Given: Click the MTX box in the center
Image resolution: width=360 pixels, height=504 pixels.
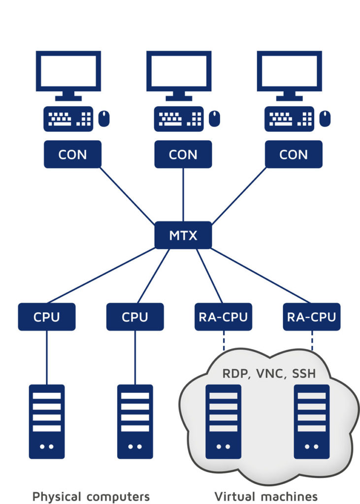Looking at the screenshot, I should (183, 235).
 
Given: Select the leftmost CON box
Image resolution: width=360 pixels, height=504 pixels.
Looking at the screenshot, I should (72, 155).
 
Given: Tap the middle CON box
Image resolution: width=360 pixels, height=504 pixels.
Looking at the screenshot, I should (183, 155).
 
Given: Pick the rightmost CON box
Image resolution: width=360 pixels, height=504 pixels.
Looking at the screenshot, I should (294, 155).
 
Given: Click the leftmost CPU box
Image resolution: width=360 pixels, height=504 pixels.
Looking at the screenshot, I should (47, 316).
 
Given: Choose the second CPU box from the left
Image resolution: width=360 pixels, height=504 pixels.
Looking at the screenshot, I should (135, 316).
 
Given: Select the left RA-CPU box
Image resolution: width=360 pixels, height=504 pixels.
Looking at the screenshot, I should (223, 316).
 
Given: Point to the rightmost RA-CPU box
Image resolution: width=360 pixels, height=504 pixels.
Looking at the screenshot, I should (312, 316).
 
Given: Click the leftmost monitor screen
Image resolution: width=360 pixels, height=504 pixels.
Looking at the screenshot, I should (68, 71).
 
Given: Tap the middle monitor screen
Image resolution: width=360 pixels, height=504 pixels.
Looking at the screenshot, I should (179, 71).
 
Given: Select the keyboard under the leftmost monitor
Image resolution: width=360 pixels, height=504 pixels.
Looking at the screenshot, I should (68, 119).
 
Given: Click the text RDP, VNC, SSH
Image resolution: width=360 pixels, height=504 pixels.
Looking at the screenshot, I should (269, 374).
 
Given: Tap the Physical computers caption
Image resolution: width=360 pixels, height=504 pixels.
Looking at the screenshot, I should (91, 496).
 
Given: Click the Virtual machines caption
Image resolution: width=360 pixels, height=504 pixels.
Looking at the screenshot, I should (266, 496).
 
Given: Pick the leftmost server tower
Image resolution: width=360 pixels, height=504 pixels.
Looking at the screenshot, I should (47, 421).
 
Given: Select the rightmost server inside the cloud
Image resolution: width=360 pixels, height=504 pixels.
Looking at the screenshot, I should (312, 421).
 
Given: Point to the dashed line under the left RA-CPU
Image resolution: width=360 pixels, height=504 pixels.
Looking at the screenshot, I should (223, 340).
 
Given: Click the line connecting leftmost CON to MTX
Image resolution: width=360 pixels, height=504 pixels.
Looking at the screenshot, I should (127, 195).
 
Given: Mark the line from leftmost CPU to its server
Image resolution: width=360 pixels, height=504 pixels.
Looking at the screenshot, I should (47, 357).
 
